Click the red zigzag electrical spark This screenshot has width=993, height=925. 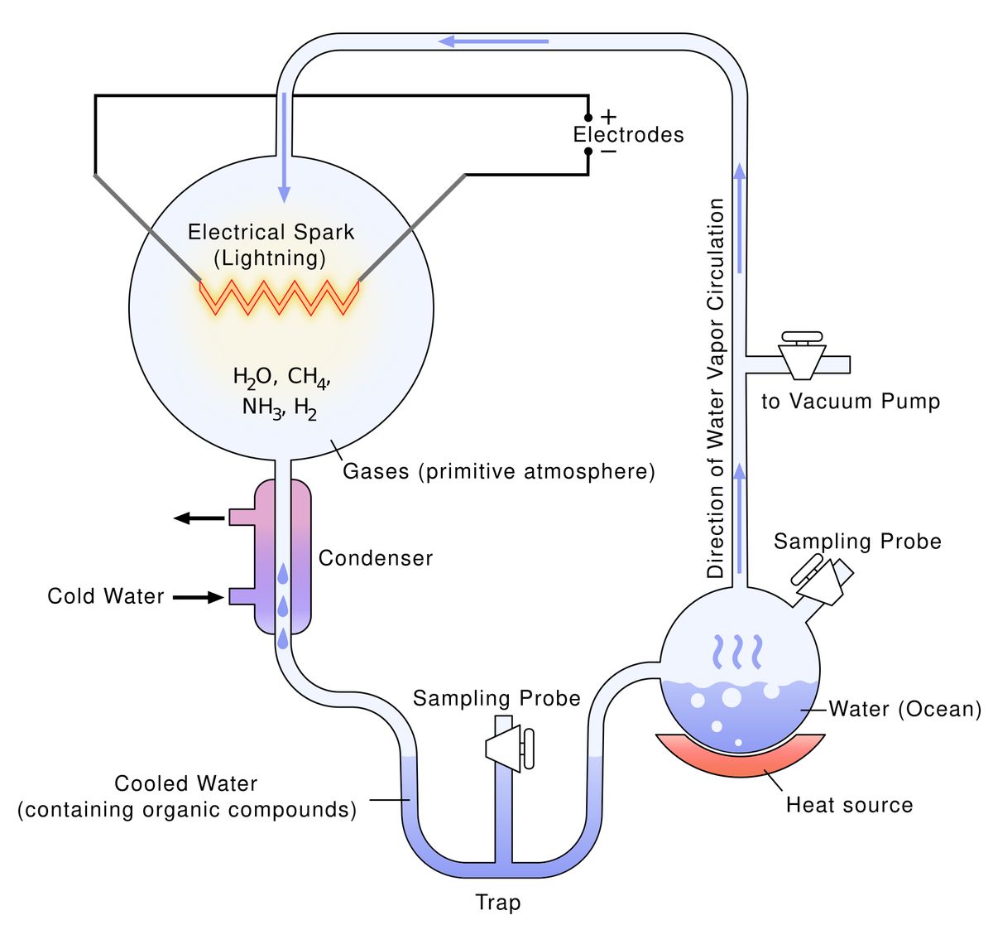point(278,297)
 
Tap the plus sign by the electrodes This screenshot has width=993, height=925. point(608,117)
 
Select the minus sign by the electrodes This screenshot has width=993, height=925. point(608,152)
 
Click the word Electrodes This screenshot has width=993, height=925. point(629,135)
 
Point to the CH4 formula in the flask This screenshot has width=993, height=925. point(309,378)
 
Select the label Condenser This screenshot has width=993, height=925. point(376,558)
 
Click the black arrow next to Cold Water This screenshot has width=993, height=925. point(199,596)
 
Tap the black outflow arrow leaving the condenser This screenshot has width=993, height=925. point(199,518)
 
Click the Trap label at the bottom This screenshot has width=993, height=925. point(498,903)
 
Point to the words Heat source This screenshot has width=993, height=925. point(850,805)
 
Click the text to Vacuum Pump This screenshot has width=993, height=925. point(851,402)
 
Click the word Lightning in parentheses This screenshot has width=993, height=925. point(271,258)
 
